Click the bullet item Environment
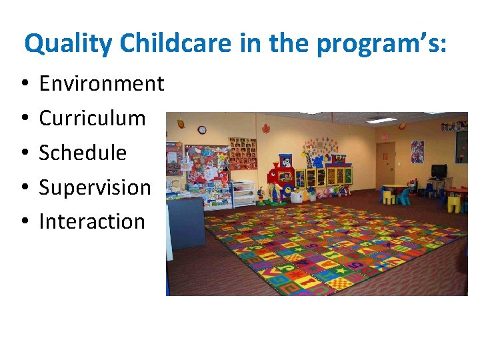pos(101,84)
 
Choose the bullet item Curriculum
pos(92,118)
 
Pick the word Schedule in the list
pos(83,153)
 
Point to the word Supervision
pos(95,187)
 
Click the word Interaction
pos(92,221)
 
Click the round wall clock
pos(202,129)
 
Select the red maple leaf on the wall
pos(265,128)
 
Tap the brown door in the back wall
pos(385,164)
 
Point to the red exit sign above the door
pos(383,135)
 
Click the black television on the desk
pos(439,171)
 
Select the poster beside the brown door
pos(417,151)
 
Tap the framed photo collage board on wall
pos(242,153)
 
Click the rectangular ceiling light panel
pos(381,120)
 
